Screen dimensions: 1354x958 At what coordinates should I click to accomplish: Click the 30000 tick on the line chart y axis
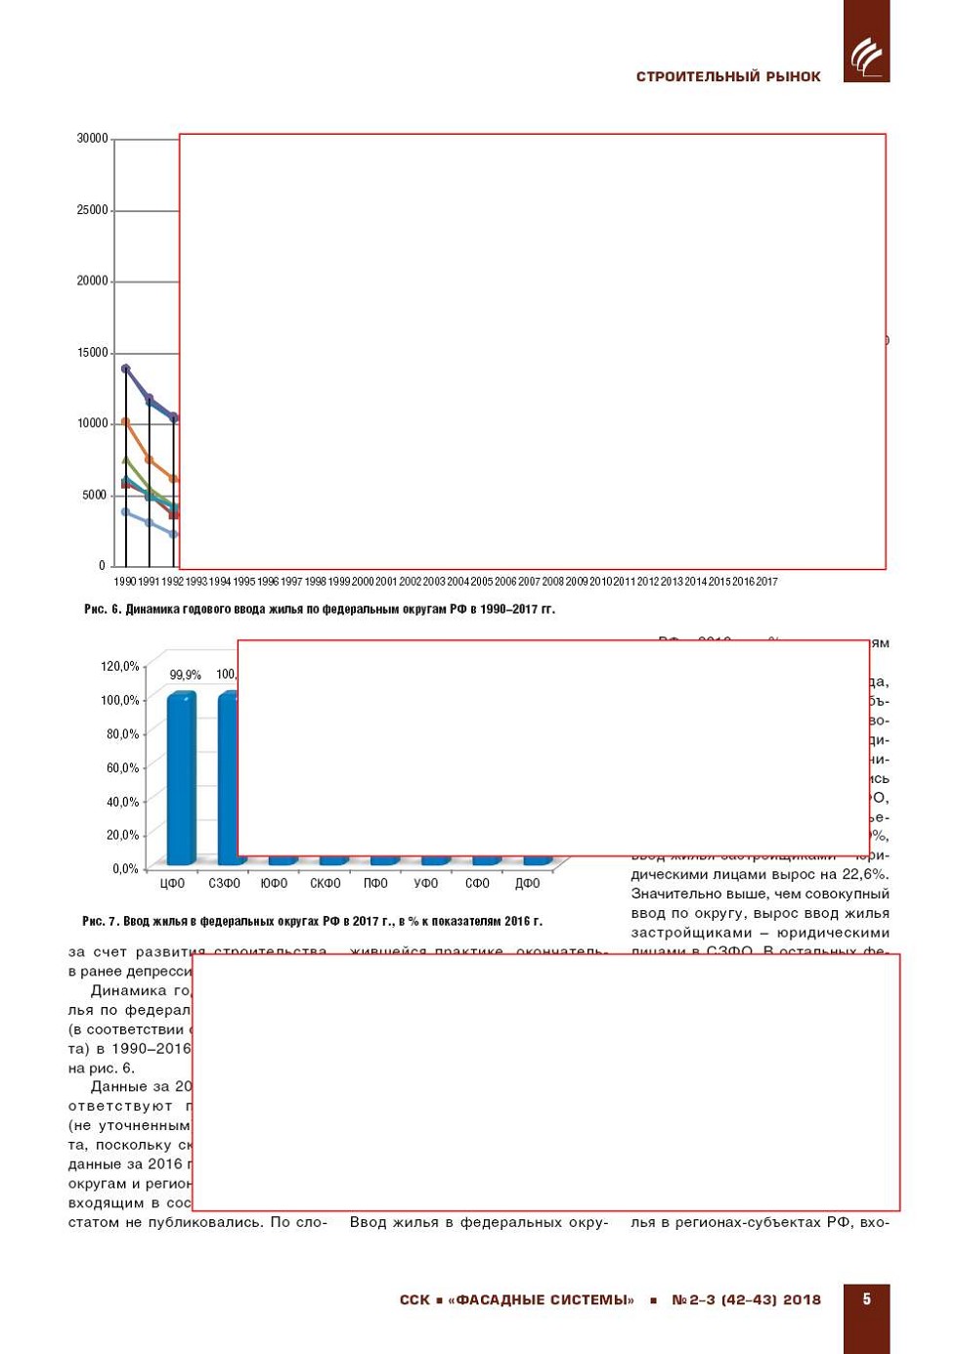tap(93, 139)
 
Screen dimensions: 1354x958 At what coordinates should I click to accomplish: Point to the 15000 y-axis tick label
tap(93, 353)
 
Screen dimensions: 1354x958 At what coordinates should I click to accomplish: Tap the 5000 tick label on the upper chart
tap(95, 496)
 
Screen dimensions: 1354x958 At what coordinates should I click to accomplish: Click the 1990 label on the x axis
tap(125, 582)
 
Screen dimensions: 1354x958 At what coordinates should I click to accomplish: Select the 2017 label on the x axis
tap(767, 582)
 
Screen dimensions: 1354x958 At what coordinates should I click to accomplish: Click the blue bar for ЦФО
tap(181, 778)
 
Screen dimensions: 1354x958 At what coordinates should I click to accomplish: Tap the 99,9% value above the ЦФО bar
tap(185, 675)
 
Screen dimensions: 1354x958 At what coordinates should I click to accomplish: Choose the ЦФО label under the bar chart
tap(172, 884)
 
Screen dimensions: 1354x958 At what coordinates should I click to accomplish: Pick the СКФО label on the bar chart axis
tap(325, 884)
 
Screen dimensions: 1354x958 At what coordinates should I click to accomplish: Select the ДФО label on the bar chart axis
tap(528, 884)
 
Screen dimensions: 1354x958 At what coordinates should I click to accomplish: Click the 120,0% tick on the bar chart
tap(120, 667)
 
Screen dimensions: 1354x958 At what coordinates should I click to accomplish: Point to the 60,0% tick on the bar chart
tap(123, 768)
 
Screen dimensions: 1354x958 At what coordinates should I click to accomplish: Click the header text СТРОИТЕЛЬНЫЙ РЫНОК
tap(728, 77)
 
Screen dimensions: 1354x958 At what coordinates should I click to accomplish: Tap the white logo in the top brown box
tap(866, 57)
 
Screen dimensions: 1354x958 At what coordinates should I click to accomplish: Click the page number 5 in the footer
tap(866, 1299)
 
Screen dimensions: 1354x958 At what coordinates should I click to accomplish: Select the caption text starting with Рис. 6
tap(320, 609)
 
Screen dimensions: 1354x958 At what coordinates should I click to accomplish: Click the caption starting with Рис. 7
tap(312, 921)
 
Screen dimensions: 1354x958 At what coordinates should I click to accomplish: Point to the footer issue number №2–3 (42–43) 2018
tap(746, 1300)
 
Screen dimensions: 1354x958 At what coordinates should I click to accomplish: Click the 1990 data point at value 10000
tap(125, 422)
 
